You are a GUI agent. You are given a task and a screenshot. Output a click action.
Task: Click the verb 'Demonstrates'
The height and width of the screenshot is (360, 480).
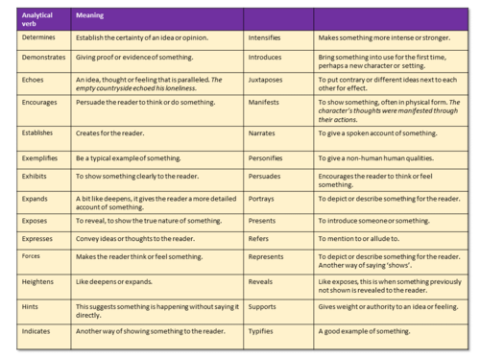[43, 58]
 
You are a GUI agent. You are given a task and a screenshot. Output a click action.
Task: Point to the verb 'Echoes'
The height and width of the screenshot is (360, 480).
[32, 80]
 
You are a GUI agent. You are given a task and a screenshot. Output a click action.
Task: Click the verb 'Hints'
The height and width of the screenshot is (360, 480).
[30, 306]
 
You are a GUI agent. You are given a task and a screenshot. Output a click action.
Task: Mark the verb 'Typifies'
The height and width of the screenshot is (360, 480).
[264, 330]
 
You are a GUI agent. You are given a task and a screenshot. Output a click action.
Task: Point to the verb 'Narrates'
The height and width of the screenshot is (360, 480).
[264, 134]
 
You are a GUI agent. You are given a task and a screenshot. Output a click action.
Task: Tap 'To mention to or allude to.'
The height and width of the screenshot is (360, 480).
[366, 238]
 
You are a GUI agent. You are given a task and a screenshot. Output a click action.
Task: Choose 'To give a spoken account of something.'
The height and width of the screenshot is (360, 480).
[384, 134]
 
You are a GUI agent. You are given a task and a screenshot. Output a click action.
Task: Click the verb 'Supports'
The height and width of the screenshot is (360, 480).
[265, 306]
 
